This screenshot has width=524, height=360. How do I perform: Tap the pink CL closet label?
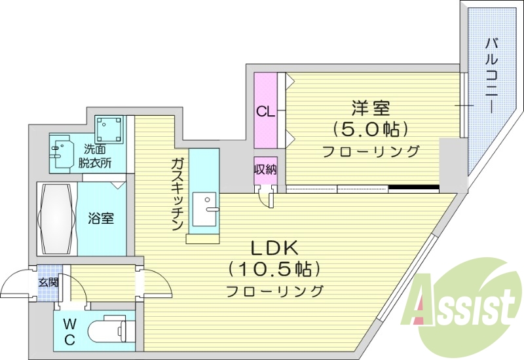coord(265,111)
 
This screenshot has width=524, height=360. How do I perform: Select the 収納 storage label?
coord(265,169)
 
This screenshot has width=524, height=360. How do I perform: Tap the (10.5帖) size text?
coord(274,268)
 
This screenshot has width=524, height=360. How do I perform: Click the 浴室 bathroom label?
coord(102,218)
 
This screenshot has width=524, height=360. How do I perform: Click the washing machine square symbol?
coord(109,129)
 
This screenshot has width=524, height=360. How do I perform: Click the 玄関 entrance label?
coord(48,282)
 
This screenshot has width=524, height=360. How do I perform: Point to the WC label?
coord(69,332)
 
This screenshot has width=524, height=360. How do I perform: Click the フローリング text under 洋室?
coord(370,152)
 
